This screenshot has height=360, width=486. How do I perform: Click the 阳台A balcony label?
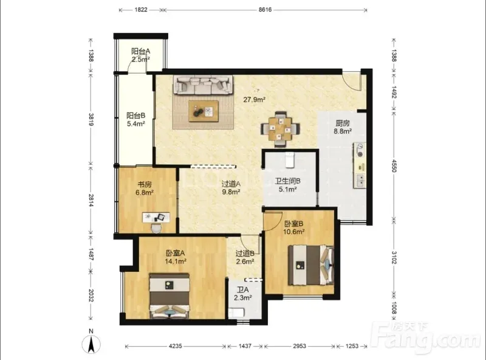coord(141,51)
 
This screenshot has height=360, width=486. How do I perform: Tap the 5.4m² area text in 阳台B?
coord(136,124)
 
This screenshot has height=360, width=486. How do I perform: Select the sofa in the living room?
coord(204,85)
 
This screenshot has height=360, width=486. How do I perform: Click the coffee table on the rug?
coord(204,111)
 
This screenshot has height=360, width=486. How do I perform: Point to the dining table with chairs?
coord(280,128)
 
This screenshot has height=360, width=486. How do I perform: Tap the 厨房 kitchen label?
coord(343,123)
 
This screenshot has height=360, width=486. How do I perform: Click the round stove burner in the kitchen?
coord(360,154)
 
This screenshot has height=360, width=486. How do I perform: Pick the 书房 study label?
coord(145,184)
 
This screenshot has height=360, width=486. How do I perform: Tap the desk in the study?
coord(156,217)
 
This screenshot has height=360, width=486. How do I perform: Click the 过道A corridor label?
coord(231,184)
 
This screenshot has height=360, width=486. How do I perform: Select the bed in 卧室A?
coord(169,296)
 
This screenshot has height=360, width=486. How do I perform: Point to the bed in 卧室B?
coord(311,265)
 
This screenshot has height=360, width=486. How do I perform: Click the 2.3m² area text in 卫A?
coord(242,298)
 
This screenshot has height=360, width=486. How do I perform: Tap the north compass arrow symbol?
coord(91,345)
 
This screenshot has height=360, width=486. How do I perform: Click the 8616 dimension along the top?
coord(265,10)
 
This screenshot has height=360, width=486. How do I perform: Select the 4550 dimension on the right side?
coord(394,166)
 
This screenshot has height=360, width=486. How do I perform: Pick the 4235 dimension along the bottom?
coord(176,346)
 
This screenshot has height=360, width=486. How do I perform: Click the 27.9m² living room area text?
coord(254,100)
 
